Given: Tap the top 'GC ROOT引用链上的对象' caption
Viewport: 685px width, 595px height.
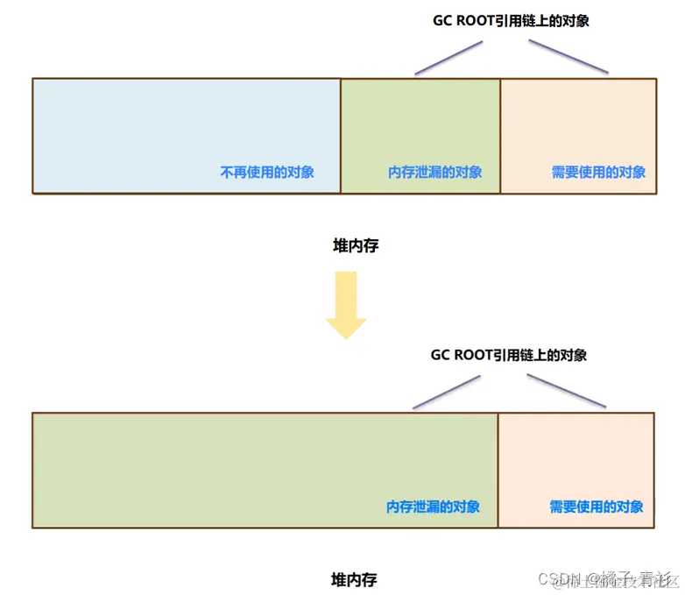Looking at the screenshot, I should (512, 21).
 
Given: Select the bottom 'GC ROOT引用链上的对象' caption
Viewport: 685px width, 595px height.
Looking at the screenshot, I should (509, 355).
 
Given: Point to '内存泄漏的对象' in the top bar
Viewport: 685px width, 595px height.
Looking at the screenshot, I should (434, 172).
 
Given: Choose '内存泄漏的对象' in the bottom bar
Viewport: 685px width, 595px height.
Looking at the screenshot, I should (433, 506).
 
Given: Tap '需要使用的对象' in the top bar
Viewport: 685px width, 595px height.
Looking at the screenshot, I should (598, 172).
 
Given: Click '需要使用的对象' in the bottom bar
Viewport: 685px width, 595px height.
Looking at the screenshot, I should (597, 506).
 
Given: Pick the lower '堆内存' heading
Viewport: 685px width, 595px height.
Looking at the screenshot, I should (354, 579).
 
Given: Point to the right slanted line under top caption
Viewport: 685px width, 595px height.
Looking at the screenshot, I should (568, 58).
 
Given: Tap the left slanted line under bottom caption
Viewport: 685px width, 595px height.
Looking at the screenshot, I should (446, 392).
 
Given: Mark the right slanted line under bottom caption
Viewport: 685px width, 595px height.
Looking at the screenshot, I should (566, 392).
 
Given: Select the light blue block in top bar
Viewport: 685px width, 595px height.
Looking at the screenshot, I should (186, 131).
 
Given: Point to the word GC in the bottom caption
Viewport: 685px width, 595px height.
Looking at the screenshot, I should (441, 355).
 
